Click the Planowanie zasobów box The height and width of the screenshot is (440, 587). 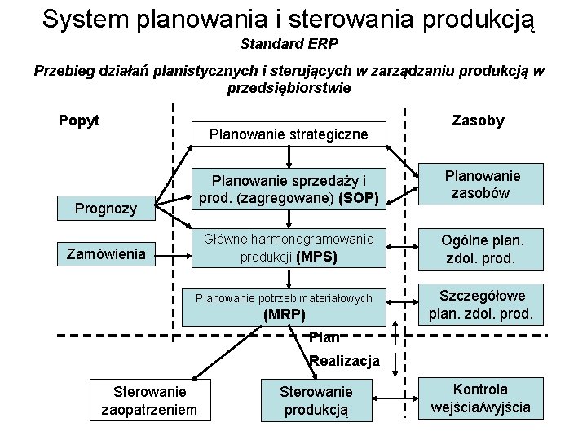click(x=482, y=184)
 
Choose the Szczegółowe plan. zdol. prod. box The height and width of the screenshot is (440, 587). click(x=482, y=304)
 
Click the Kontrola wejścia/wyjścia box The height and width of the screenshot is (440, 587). click(x=480, y=398)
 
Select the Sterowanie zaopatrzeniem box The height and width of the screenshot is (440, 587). click(x=149, y=400)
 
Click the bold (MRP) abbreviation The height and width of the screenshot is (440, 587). click(x=284, y=315)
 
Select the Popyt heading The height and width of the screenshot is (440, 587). click(x=79, y=121)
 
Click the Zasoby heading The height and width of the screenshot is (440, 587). click(x=478, y=121)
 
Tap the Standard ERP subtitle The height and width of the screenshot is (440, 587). click(x=289, y=42)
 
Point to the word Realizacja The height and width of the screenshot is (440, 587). click(x=345, y=361)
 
